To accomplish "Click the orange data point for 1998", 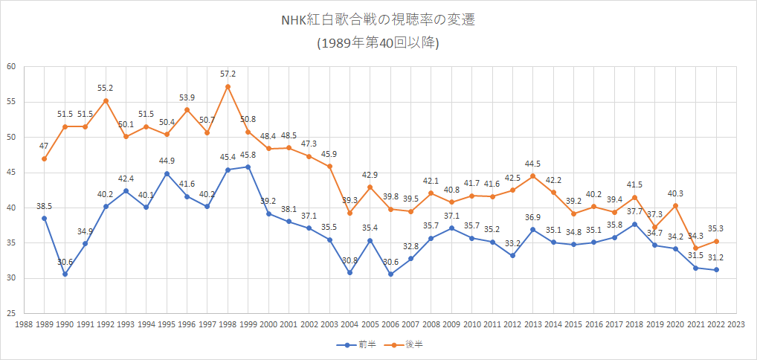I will pyautogui.click(x=228, y=86).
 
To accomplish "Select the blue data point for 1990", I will pyautogui.click(x=65, y=274).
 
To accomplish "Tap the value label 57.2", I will pyautogui.click(x=228, y=74).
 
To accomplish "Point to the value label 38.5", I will pyautogui.click(x=44, y=205).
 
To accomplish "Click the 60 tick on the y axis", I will pyautogui.click(x=11, y=66).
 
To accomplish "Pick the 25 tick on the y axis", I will pyautogui.click(x=11, y=314).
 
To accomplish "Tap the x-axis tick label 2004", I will pyautogui.click(x=349, y=324).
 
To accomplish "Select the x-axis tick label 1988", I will pyautogui.click(x=24, y=324).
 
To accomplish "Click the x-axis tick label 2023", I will pyautogui.click(x=737, y=324).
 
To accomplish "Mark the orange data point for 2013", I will pyautogui.click(x=533, y=176).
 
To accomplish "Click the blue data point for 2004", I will pyautogui.click(x=349, y=273).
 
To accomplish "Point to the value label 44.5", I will pyautogui.click(x=533, y=164).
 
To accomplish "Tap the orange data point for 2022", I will pyautogui.click(x=717, y=241).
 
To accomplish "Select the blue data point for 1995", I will pyautogui.click(x=167, y=173).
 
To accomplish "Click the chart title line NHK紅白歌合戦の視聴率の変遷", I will pyautogui.click(x=378, y=20).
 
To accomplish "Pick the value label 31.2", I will pyautogui.click(x=717, y=257).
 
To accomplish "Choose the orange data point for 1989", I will pyautogui.click(x=44, y=158).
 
